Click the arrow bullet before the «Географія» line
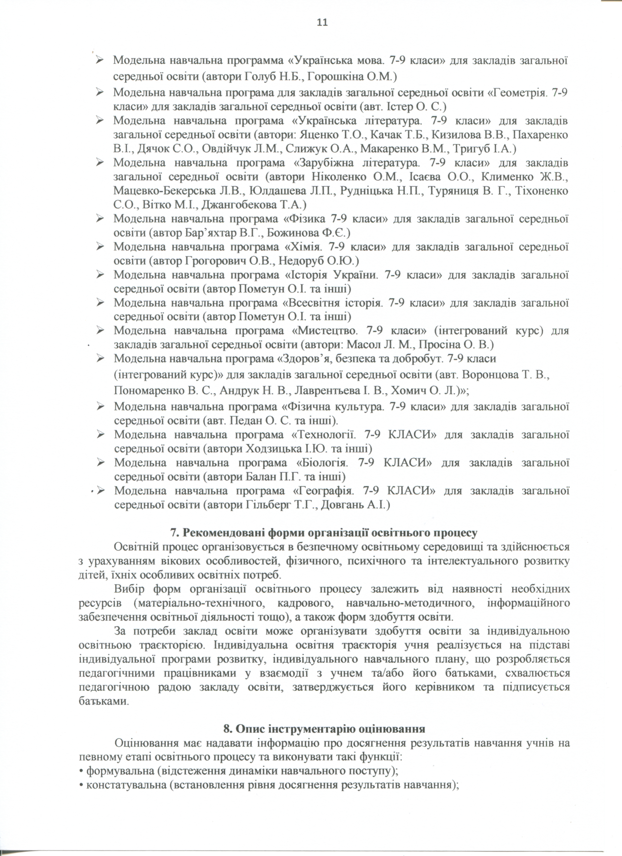coord(100,491)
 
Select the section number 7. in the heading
coord(175,533)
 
